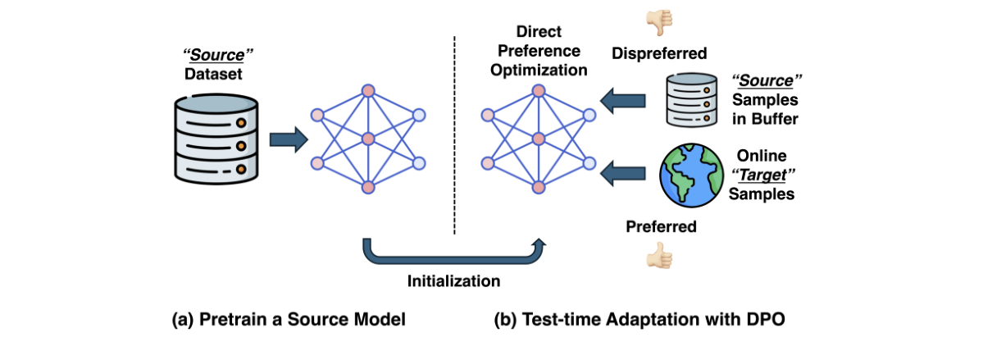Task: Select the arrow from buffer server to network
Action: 622,102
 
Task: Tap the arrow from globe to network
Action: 622,173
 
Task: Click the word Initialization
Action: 453,281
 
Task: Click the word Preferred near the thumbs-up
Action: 660,227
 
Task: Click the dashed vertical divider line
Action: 454,131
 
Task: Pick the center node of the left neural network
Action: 367,139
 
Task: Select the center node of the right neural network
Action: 537,139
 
